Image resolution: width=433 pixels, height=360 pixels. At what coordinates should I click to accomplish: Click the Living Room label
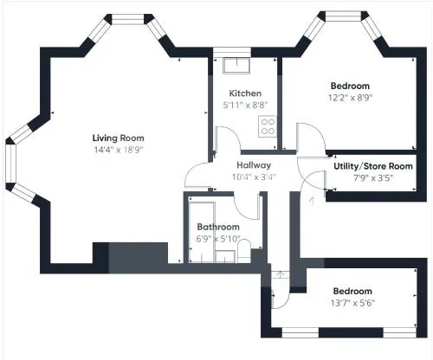[x=119, y=138]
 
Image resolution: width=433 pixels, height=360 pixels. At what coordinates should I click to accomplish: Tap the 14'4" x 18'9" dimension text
[x=119, y=150]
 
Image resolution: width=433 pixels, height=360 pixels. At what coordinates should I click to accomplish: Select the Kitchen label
[x=245, y=93]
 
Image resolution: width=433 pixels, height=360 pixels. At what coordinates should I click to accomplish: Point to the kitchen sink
[x=236, y=65]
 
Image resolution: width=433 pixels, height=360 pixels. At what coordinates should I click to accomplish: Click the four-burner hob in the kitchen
[x=268, y=126]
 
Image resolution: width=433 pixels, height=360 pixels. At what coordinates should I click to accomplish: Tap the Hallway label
[x=254, y=165]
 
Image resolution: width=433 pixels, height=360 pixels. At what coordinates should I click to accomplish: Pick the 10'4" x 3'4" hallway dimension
[x=254, y=177]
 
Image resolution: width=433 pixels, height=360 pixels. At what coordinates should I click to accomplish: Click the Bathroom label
[x=218, y=227]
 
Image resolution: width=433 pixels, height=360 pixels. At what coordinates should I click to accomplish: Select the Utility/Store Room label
[x=373, y=166]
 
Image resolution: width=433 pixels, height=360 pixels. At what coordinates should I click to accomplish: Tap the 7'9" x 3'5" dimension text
[x=373, y=178]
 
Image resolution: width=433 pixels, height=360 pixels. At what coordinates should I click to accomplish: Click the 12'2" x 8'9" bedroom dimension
[x=350, y=98]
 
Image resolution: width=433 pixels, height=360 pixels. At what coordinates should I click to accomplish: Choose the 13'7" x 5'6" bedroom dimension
[x=352, y=303]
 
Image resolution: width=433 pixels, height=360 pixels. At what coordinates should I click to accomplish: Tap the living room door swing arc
[x=191, y=170]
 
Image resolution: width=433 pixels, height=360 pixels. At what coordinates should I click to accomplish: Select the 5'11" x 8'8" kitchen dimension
[x=245, y=105]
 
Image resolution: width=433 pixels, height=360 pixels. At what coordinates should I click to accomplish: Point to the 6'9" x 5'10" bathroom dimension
[x=218, y=239]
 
